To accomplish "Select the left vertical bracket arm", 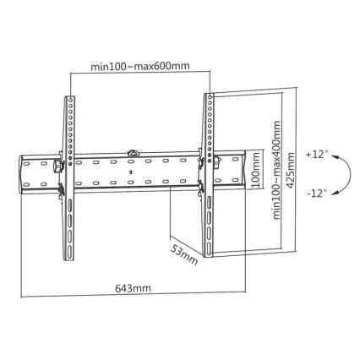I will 68,177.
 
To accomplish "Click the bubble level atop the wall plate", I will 133,153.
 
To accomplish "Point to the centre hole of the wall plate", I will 132,172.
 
